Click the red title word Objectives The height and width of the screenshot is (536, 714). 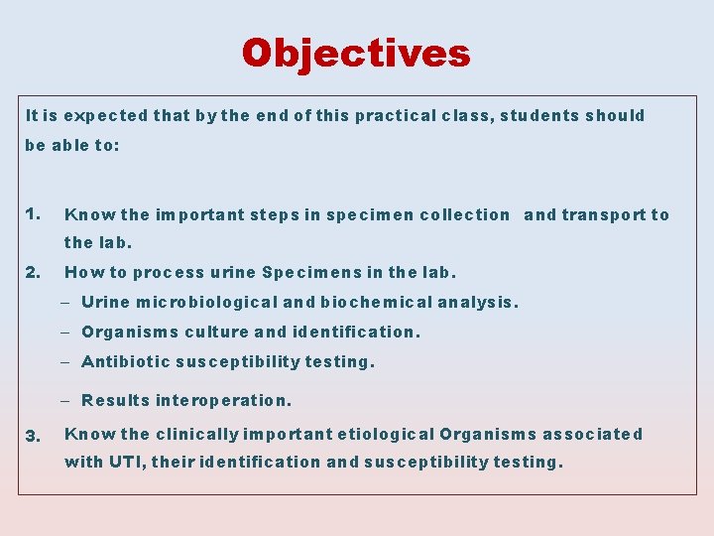point(356,53)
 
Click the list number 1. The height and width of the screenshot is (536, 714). point(34,213)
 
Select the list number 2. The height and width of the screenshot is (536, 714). point(34,271)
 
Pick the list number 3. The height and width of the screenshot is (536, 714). point(34,435)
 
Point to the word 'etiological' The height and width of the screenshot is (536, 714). point(386,434)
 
